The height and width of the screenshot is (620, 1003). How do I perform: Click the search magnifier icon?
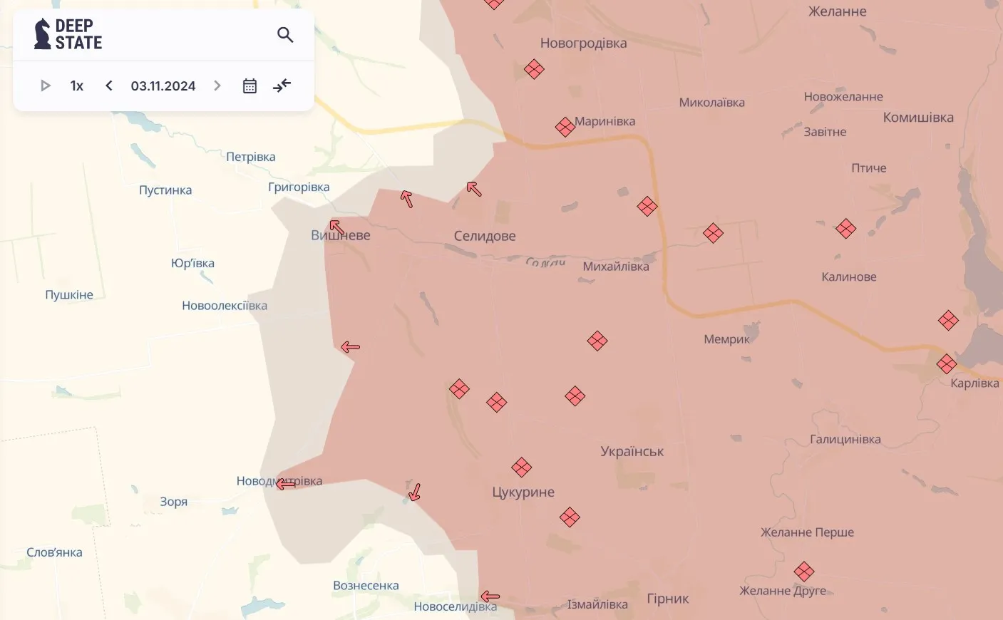pyautogui.click(x=285, y=35)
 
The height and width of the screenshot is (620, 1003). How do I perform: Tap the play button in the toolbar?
pyautogui.click(x=46, y=86)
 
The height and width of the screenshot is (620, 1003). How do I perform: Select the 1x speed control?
pyautogui.click(x=77, y=86)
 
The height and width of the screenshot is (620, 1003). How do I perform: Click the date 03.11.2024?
pyautogui.click(x=163, y=86)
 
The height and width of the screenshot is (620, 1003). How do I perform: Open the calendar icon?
pyautogui.click(x=250, y=86)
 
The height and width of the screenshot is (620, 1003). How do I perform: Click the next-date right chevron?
pyautogui.click(x=217, y=86)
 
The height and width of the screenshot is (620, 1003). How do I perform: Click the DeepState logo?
pyautogui.click(x=68, y=34)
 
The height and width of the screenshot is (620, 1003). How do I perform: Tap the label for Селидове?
pyautogui.click(x=485, y=236)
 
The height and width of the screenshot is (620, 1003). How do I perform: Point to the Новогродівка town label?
pyautogui.click(x=583, y=43)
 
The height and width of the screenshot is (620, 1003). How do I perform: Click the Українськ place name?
pyautogui.click(x=632, y=451)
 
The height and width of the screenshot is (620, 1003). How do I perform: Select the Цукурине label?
pyautogui.click(x=523, y=492)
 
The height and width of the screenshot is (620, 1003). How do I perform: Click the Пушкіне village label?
pyautogui.click(x=69, y=295)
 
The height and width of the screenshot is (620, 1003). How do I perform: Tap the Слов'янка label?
pyautogui.click(x=54, y=552)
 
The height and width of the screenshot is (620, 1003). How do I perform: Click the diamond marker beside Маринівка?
pyautogui.click(x=565, y=127)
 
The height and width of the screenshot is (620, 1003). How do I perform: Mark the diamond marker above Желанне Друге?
pyautogui.click(x=803, y=572)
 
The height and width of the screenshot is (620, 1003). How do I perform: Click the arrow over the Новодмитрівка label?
pyautogui.click(x=286, y=484)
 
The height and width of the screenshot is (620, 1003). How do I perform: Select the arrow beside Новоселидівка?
pyautogui.click(x=490, y=596)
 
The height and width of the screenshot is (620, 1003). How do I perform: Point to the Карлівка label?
pyautogui.click(x=974, y=383)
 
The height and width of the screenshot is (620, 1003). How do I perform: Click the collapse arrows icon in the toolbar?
pyautogui.click(x=282, y=86)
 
